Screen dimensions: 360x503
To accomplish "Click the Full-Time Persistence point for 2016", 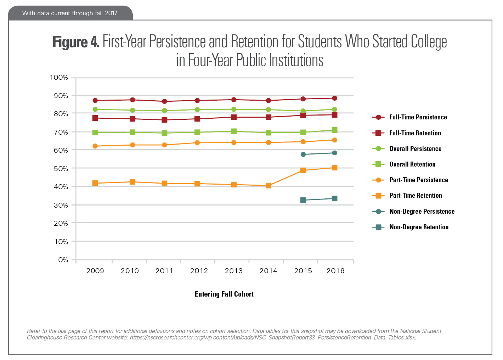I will click(334, 98).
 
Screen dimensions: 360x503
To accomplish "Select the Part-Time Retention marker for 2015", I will click(303, 170).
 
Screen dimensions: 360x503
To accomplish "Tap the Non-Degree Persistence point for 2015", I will click(303, 154).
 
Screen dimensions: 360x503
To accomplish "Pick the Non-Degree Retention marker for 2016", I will click(334, 198).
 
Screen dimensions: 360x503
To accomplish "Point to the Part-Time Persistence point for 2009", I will click(95, 146).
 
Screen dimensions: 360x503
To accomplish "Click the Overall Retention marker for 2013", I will click(234, 131).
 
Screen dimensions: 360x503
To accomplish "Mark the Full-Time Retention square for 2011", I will click(164, 120).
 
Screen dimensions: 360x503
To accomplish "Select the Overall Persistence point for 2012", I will click(197, 110).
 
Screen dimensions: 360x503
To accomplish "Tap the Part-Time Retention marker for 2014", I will click(269, 186).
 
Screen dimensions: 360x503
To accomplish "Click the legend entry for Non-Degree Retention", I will click(419, 227).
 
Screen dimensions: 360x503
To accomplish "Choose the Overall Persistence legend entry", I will click(415, 149).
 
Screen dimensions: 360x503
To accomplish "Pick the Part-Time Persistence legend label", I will click(419, 180).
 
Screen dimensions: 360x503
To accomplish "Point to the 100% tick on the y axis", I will click(59, 78).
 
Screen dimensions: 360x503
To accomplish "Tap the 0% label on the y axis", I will click(63, 260).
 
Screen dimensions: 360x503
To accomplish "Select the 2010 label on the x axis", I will click(130, 271).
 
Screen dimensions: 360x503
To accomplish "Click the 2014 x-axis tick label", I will click(269, 271).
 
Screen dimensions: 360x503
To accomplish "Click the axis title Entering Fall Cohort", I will click(224, 294).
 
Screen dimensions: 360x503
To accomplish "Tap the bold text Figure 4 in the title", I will click(75, 42).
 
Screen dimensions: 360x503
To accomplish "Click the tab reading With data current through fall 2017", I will click(70, 13).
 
